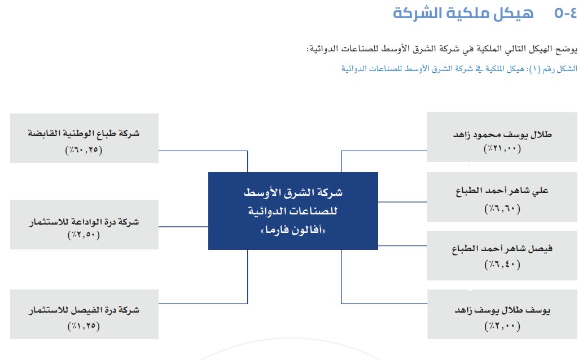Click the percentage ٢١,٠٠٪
[502, 149]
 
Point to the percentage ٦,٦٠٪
[502, 209]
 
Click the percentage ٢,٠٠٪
[502, 326]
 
